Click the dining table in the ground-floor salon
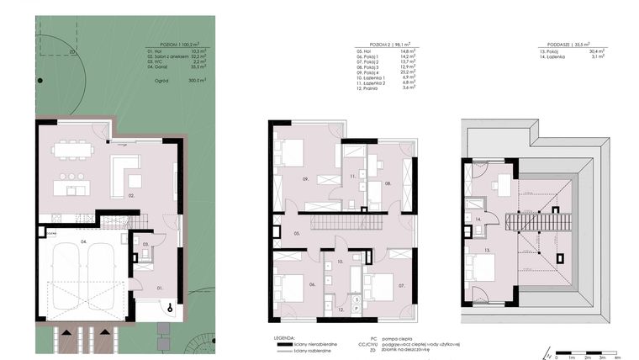click(x=71, y=151)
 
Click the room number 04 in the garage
click(x=82, y=241)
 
